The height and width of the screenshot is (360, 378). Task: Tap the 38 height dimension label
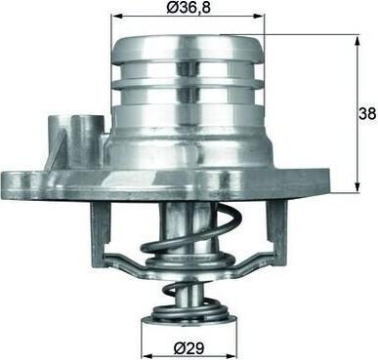[367, 113]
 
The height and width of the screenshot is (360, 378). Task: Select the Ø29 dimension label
[189, 348]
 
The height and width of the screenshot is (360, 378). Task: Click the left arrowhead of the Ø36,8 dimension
[115, 16]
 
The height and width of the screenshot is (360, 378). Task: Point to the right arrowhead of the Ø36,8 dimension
[260, 16]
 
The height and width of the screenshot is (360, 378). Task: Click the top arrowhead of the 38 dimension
[358, 39]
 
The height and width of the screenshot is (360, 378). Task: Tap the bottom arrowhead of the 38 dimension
[357, 186]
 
